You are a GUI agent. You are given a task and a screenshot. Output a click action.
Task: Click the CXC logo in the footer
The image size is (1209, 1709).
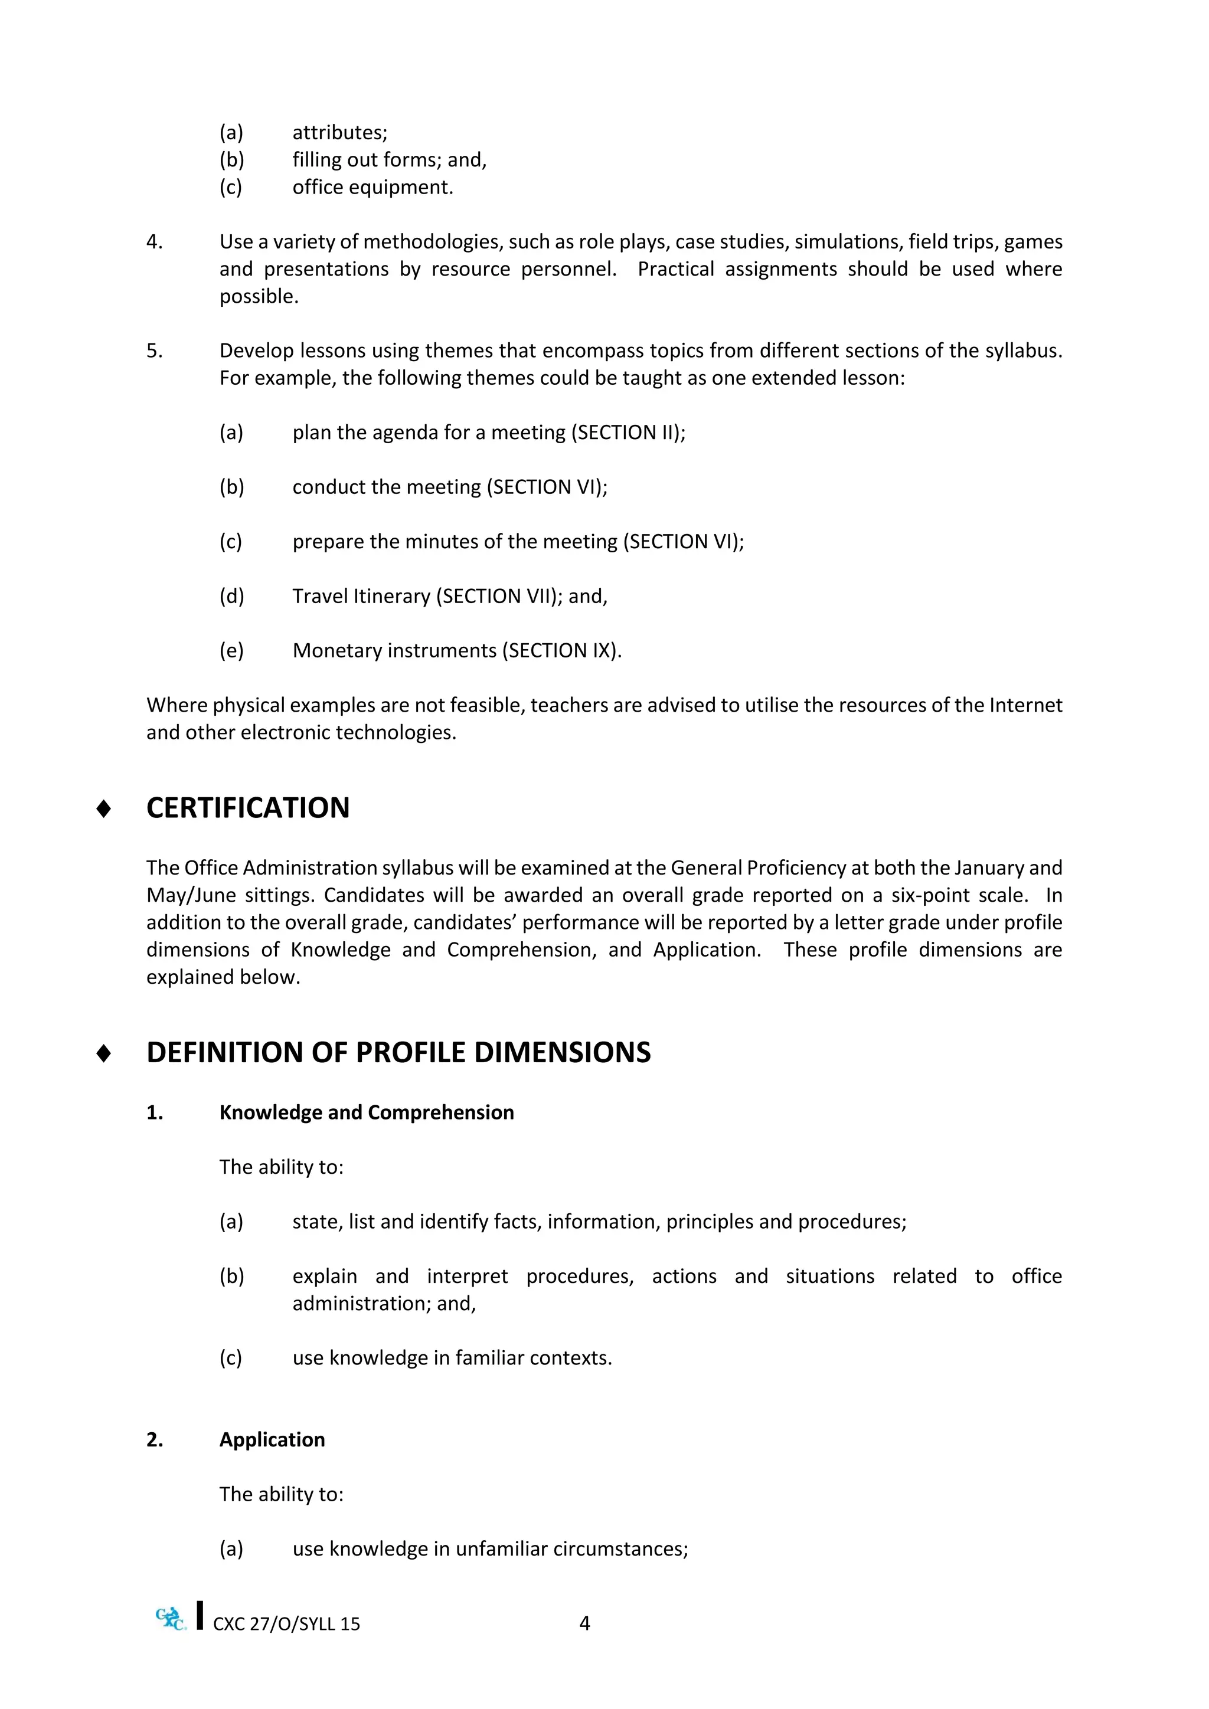click(x=171, y=1618)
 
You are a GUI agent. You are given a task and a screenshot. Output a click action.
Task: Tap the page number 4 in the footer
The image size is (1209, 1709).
click(x=584, y=1623)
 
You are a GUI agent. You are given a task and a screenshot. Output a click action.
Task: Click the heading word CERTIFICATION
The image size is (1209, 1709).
click(x=248, y=808)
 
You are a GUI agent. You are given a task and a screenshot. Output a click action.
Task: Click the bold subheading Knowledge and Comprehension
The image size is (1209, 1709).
click(x=366, y=1112)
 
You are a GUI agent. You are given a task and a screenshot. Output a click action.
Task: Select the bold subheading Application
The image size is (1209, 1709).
click(x=272, y=1439)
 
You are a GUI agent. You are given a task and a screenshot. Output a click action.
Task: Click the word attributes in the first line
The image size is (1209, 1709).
click(x=339, y=133)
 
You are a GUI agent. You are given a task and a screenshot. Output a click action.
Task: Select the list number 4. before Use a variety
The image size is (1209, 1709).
click(x=154, y=242)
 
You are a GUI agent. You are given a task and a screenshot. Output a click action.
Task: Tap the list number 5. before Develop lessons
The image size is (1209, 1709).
click(x=154, y=351)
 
